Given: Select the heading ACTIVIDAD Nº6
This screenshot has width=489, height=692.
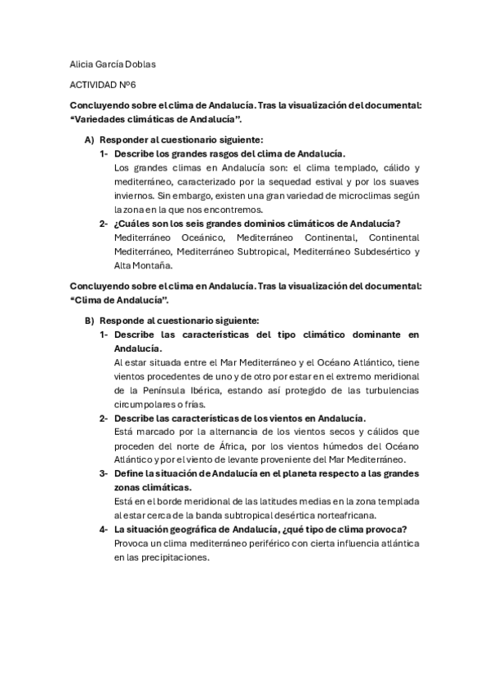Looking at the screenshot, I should [x=103, y=84].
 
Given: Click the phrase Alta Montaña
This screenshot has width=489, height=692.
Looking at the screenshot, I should [x=143, y=265].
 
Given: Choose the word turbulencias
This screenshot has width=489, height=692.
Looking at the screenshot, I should [x=386, y=391].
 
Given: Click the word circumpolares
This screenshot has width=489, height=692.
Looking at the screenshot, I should [x=146, y=405].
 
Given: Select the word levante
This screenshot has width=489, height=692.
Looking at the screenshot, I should [x=248, y=460].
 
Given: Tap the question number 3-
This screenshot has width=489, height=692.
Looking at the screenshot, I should [x=104, y=474].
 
